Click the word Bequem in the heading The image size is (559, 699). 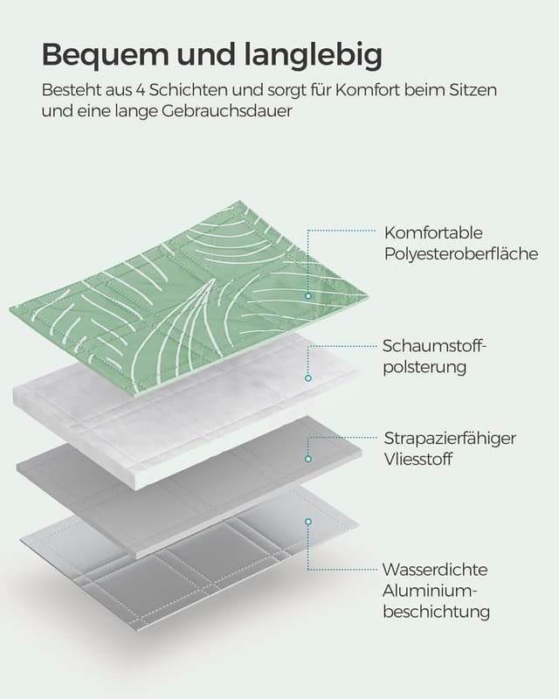click(105, 56)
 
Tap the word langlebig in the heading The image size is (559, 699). click(313, 55)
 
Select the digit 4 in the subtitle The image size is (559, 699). click(141, 90)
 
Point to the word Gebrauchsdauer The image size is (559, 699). click(226, 111)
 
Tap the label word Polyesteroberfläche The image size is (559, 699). click(461, 253)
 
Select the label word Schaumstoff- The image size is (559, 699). click(433, 345)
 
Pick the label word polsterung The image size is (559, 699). click(424, 367)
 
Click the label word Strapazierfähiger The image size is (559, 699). click(450, 439)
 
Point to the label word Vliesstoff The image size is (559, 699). click(418, 460)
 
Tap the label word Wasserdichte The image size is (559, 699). click(435, 570)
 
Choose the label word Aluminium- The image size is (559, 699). click(431, 591)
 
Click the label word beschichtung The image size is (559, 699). click(437, 612)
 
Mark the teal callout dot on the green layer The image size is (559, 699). click(308, 296)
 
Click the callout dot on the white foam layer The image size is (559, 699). click(308, 378)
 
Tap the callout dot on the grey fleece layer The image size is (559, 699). click(308, 459)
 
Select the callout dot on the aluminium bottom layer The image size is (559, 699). click(308, 522)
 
